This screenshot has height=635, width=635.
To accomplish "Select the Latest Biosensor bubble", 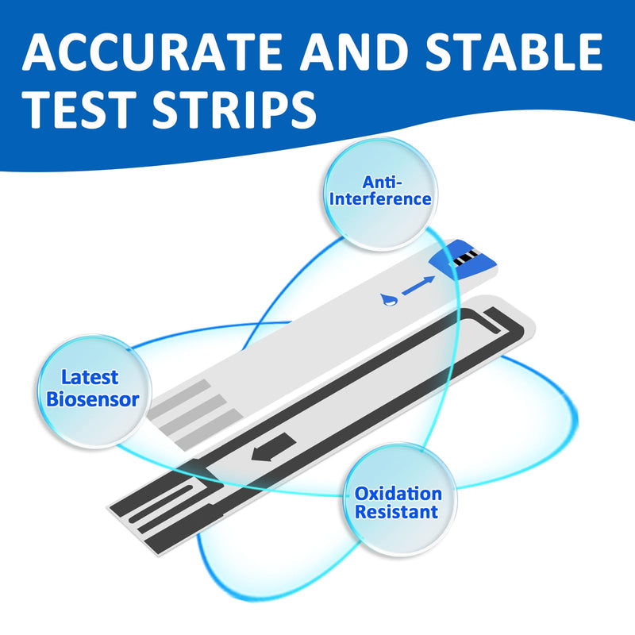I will tap(93, 390).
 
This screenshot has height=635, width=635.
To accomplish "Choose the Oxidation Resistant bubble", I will tap(396, 501).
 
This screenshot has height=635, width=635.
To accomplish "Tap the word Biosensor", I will tap(93, 399).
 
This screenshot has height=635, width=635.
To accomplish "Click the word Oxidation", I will tap(397, 493).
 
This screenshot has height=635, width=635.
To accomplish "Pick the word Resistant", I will tap(396, 512).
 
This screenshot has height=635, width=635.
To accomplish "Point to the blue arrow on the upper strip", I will tap(418, 286).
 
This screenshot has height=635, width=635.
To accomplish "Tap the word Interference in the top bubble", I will tap(381, 198).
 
